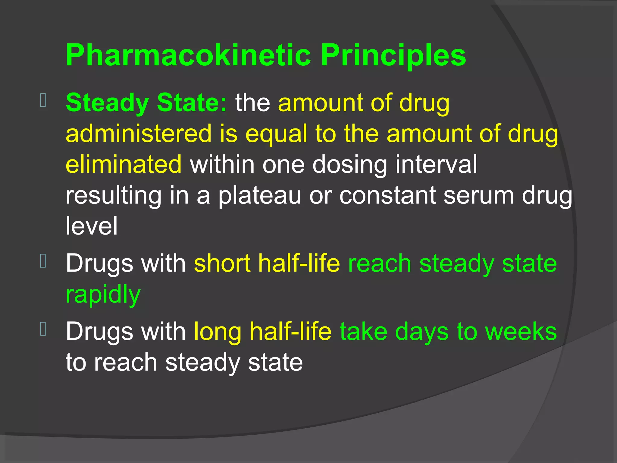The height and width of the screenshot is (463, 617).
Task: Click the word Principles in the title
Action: point(393,55)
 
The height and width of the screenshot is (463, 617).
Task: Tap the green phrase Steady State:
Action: point(146,102)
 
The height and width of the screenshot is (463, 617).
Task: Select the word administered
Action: point(139,134)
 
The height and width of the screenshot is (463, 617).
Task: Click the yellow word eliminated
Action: point(124,164)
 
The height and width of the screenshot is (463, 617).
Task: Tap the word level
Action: point(91,226)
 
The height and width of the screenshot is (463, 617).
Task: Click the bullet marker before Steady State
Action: point(43,101)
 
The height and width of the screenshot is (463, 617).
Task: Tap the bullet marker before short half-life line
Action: point(43,261)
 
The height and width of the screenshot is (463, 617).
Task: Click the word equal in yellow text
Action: point(276,134)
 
